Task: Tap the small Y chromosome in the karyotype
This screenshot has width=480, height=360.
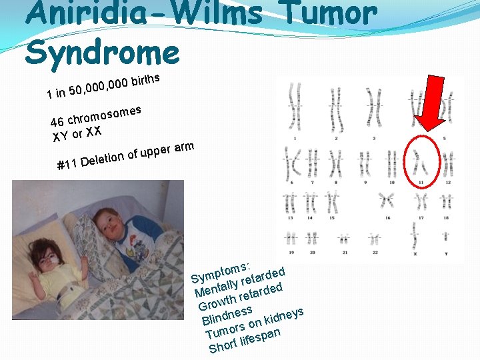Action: point(446,239)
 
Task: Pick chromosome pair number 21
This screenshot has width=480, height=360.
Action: point(344,239)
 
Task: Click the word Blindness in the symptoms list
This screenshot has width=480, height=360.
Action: point(227,315)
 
